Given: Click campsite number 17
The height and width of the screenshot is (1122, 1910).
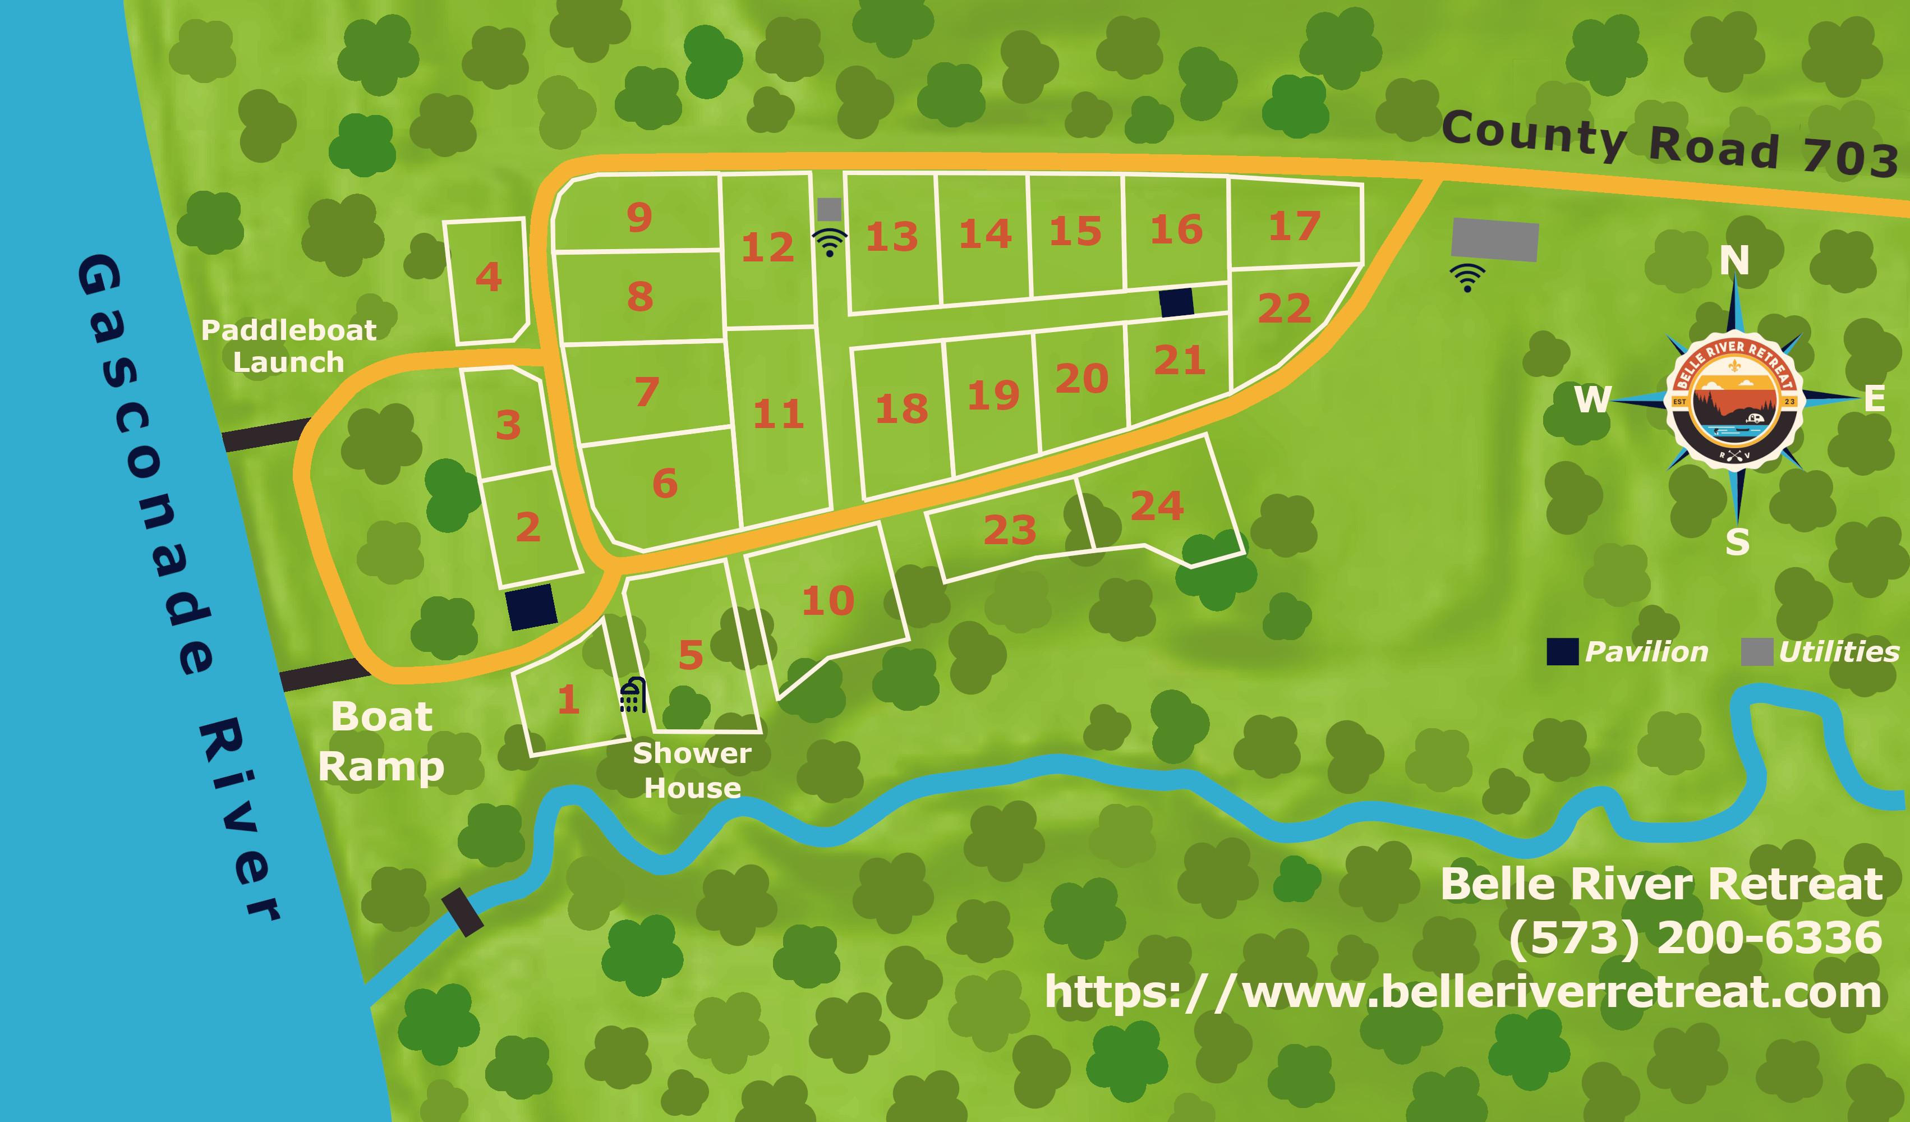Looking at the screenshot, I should point(1295,226).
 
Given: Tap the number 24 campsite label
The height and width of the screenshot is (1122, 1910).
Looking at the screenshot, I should point(1157,505).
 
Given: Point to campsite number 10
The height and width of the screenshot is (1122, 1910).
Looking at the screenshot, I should point(828,600).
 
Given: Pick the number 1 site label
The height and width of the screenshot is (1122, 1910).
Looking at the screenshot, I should point(568,699).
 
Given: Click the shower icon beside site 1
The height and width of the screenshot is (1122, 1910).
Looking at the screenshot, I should point(633,695).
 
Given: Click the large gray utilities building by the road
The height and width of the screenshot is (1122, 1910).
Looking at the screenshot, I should point(1495,240).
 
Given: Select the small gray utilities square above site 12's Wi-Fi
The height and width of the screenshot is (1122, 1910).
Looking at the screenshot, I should point(829,209).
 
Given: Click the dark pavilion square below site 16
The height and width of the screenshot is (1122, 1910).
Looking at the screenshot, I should point(1176,302).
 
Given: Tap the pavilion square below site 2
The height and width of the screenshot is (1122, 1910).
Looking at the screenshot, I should point(531,606).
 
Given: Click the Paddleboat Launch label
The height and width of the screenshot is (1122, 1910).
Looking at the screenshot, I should point(289,346).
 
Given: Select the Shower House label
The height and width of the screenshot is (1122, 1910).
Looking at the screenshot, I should point(692,770).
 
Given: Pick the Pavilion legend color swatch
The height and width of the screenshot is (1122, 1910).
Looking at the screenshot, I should point(1562,652).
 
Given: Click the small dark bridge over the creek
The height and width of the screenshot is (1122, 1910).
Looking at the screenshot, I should point(462,912).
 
